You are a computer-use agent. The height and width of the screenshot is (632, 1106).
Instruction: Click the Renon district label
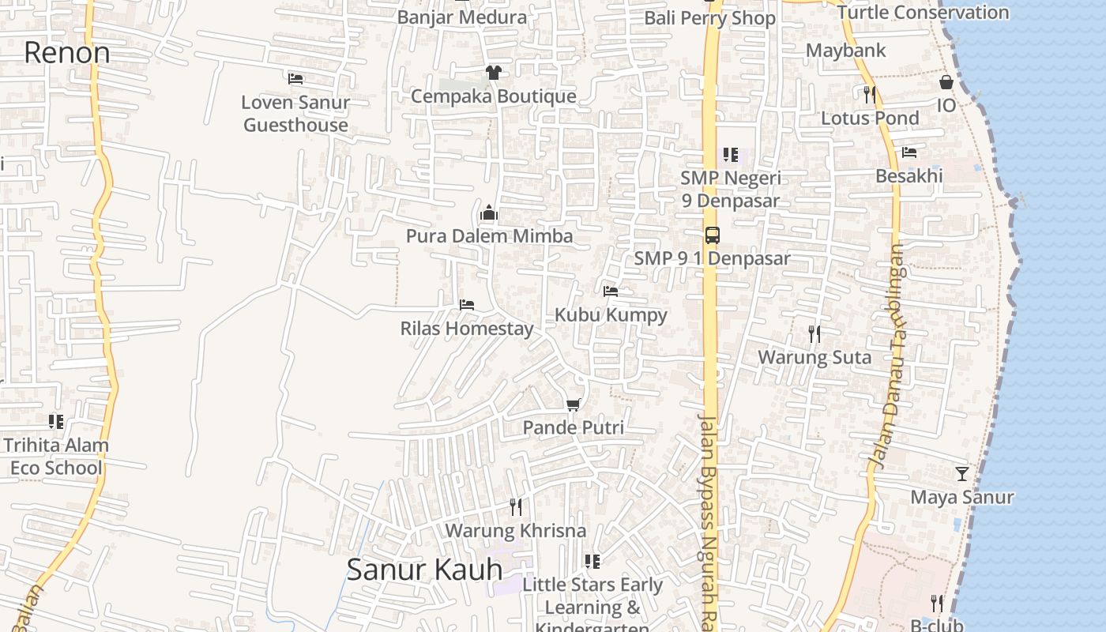click(x=67, y=53)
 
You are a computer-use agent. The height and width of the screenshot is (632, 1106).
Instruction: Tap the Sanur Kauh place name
click(x=424, y=570)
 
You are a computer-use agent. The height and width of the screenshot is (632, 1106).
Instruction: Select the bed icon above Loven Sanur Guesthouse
click(x=295, y=78)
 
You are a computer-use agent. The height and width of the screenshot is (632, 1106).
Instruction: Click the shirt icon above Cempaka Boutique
click(x=494, y=73)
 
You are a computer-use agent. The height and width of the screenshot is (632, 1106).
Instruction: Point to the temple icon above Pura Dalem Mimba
click(x=489, y=213)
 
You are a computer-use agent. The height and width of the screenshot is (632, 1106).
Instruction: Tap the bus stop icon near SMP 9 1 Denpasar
click(x=713, y=235)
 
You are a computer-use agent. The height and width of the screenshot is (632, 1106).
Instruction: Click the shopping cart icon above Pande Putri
click(x=574, y=404)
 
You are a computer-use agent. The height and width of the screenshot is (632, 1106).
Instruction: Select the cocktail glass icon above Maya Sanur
click(x=961, y=474)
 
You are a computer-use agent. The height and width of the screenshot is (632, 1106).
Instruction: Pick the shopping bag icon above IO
click(x=946, y=82)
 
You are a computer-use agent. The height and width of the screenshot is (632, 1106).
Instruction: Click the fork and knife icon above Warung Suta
click(x=814, y=334)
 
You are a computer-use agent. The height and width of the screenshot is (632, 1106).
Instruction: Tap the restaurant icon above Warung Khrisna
click(x=516, y=506)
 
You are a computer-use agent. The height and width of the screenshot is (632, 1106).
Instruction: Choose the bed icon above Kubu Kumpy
click(x=611, y=291)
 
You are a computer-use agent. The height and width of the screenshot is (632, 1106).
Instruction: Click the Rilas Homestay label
click(x=467, y=329)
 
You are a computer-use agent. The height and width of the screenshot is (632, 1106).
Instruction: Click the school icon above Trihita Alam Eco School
click(x=55, y=421)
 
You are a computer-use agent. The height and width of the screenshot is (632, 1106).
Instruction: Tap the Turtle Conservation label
click(x=923, y=13)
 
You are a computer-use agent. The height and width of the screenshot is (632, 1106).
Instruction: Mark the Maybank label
click(x=846, y=51)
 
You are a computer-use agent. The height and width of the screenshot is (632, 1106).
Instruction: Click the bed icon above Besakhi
click(x=909, y=152)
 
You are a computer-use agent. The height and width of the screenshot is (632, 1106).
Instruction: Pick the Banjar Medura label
click(x=462, y=17)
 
